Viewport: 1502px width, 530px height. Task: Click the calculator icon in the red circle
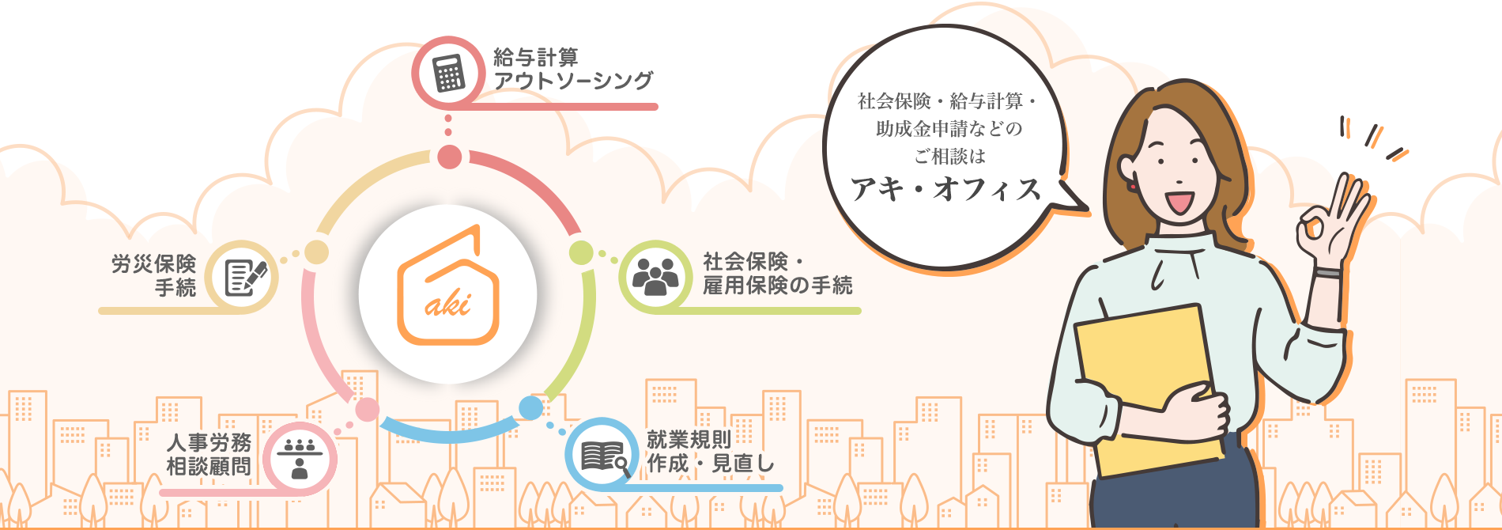pos(448,74)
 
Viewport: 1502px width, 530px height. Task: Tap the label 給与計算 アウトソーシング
pos(574,69)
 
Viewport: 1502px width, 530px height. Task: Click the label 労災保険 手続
pos(154,275)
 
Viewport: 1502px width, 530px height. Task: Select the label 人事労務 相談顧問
pos(209,455)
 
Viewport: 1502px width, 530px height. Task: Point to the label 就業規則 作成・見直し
pos(711,452)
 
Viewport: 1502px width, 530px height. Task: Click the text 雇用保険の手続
pos(778,286)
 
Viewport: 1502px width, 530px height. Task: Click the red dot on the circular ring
pos(450,157)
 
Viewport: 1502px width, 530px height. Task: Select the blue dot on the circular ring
pos(530,408)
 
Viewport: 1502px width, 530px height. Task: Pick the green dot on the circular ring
pos(581,253)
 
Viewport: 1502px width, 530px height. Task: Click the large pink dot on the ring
pos(367,410)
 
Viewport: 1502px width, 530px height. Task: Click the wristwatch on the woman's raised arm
pos(1328,273)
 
